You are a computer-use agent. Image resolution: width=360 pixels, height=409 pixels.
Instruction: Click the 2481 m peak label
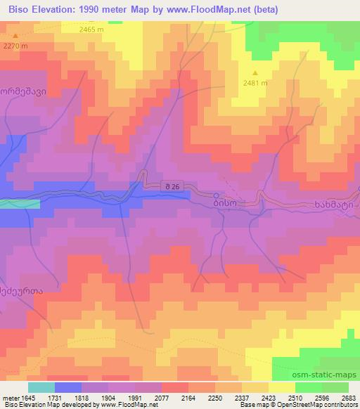coord(255,82)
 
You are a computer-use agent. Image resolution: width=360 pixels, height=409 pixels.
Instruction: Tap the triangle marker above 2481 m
coord(255,72)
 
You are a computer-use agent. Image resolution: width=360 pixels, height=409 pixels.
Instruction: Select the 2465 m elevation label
coord(91,30)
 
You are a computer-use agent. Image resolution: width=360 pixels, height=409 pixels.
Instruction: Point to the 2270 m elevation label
coord(15,46)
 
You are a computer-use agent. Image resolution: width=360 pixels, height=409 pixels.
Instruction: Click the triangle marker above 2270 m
coord(15,35)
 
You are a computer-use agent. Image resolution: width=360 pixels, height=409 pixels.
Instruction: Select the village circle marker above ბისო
coord(217,195)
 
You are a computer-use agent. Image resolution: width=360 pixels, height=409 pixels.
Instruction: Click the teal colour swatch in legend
coord(41,387)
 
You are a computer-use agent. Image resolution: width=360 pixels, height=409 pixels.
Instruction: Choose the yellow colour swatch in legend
coord(282,387)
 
